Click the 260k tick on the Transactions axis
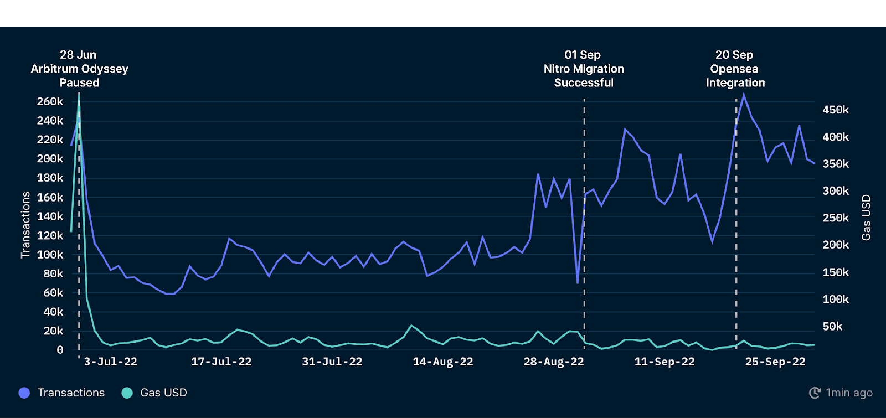click(x=50, y=101)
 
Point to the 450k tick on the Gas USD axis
click(x=835, y=110)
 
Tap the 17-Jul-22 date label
click(x=221, y=362)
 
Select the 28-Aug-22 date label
click(x=553, y=362)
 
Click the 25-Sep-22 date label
click(x=775, y=362)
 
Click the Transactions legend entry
click(x=70, y=393)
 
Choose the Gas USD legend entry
click(x=163, y=393)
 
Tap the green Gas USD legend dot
click(x=127, y=393)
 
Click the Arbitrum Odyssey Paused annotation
click(x=79, y=69)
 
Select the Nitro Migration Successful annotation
click(x=584, y=69)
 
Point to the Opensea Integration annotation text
click(x=735, y=69)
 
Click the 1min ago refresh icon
click(x=815, y=393)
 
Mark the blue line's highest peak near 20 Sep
click(x=744, y=95)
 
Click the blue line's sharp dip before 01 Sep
click(x=578, y=282)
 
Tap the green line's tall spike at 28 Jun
click(x=79, y=94)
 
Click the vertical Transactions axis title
click(x=25, y=225)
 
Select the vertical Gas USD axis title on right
click(x=866, y=218)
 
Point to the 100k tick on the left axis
click(x=50, y=255)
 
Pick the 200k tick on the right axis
click(x=835, y=245)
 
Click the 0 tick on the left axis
click(x=60, y=350)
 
